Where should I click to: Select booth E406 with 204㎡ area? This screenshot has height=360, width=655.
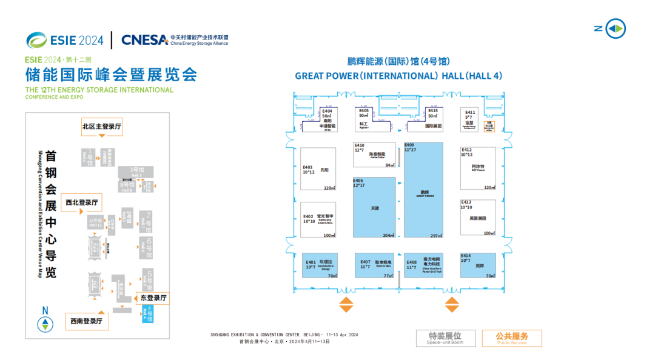click(x=374, y=207)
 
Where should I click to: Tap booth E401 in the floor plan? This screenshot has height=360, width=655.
click(x=320, y=265)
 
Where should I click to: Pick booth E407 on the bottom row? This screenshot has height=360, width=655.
click(x=374, y=265)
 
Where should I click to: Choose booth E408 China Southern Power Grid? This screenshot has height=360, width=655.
click(x=423, y=265)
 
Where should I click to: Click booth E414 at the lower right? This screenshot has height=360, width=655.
click(x=478, y=265)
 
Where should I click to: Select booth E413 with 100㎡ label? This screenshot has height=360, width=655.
click(x=478, y=218)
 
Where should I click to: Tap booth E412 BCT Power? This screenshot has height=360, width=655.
click(x=478, y=168)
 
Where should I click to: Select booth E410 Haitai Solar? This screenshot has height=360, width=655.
click(x=375, y=155)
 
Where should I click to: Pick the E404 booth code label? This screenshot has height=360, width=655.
click(x=327, y=112)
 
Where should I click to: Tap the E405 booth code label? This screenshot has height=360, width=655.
click(x=364, y=111)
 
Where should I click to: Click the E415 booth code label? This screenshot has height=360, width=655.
click(x=432, y=111)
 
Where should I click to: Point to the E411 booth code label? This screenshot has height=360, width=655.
click(x=470, y=112)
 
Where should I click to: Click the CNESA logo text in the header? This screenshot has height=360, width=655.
click(x=144, y=40)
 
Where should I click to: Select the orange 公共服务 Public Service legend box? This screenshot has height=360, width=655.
click(x=512, y=338)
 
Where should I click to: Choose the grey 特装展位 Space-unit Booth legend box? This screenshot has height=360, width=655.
click(x=445, y=338)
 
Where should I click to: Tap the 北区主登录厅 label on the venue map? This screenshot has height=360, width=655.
click(x=102, y=127)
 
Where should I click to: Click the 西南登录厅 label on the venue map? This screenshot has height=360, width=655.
click(x=86, y=321)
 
